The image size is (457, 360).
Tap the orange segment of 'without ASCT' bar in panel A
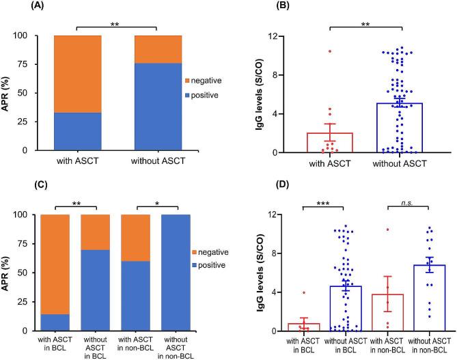point(159,49)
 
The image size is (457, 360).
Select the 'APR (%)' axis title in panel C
point(8,273)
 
